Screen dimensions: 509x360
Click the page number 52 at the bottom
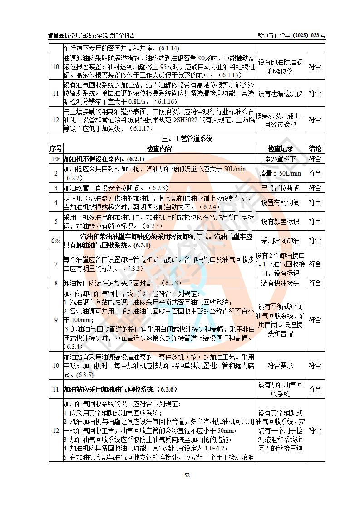tap(187, 475)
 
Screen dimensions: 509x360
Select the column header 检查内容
tap(159, 148)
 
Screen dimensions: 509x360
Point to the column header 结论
tap(315, 148)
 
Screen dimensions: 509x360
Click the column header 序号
tap(56, 148)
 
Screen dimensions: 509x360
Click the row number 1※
tap(56, 159)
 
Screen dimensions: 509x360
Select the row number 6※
tap(56, 240)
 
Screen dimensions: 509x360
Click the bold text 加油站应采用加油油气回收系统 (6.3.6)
tap(120, 389)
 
